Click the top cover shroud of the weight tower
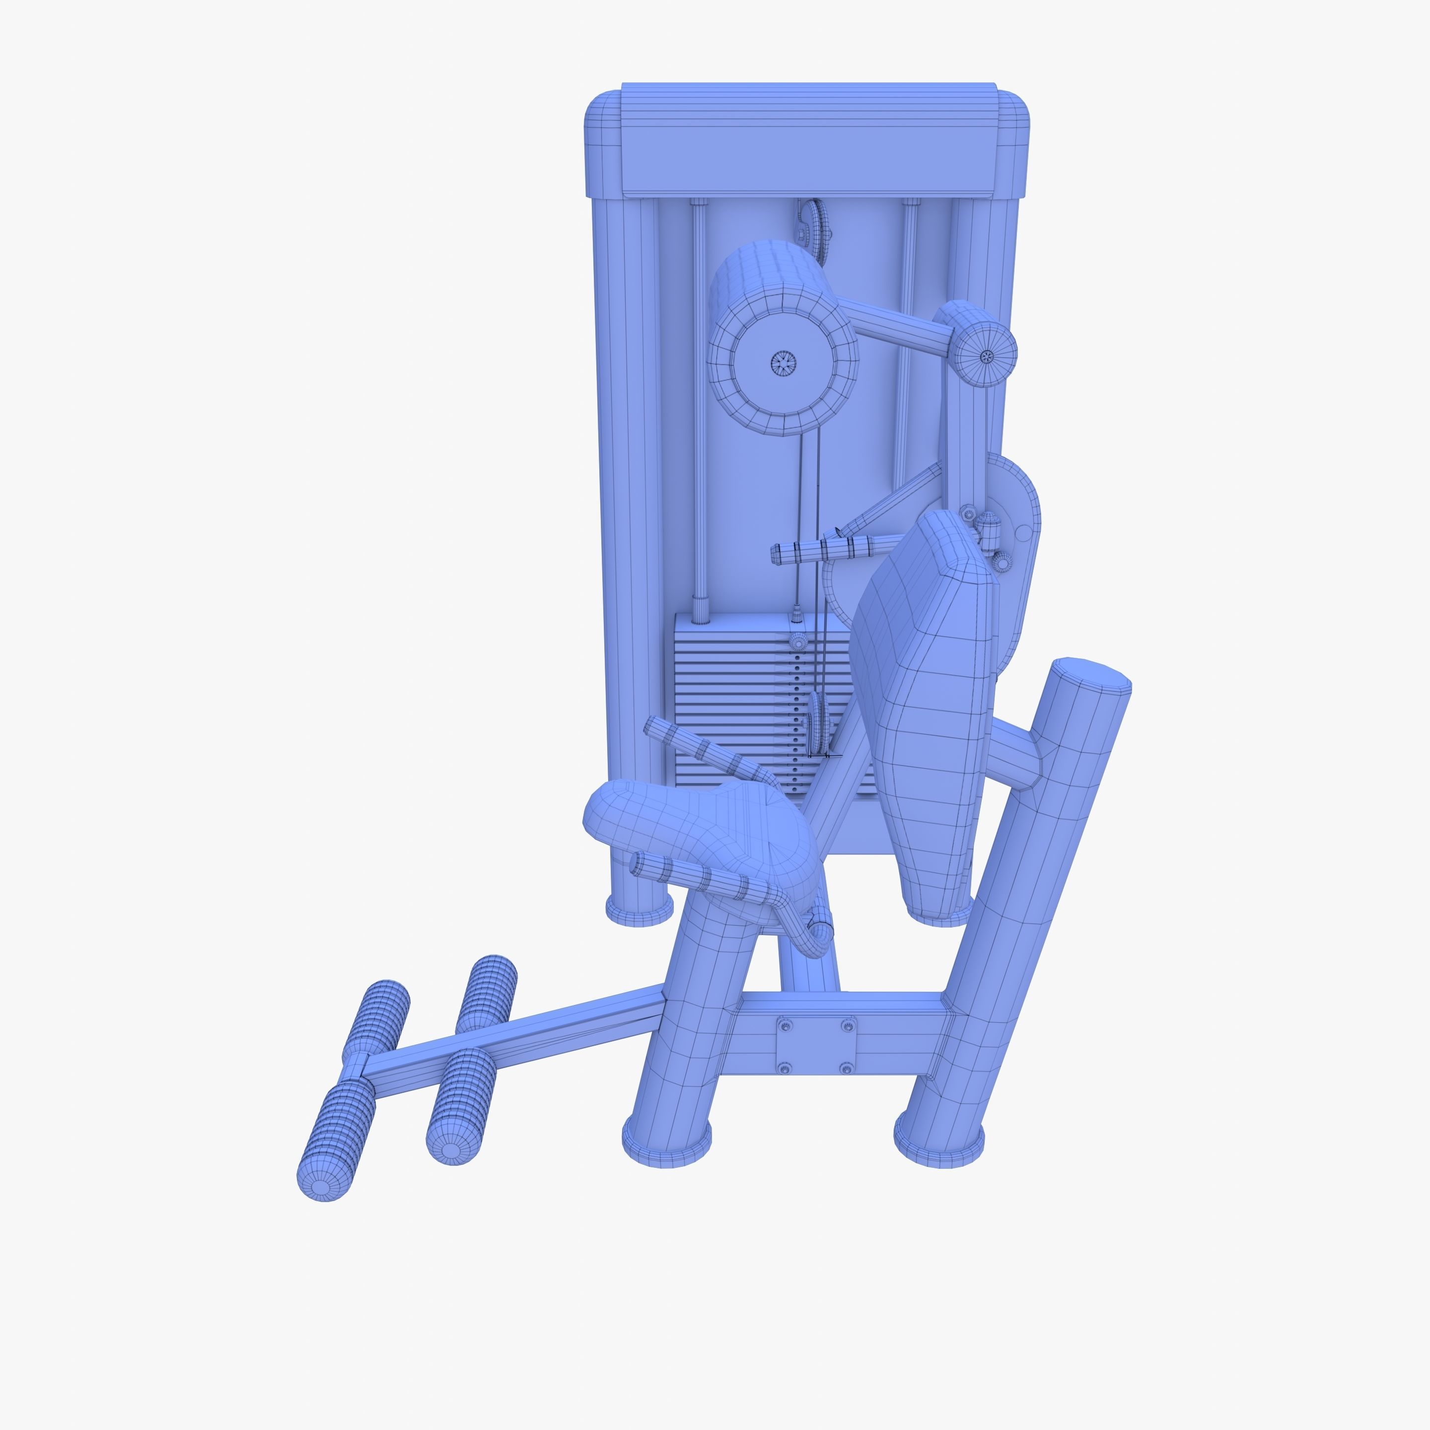pos(807,141)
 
